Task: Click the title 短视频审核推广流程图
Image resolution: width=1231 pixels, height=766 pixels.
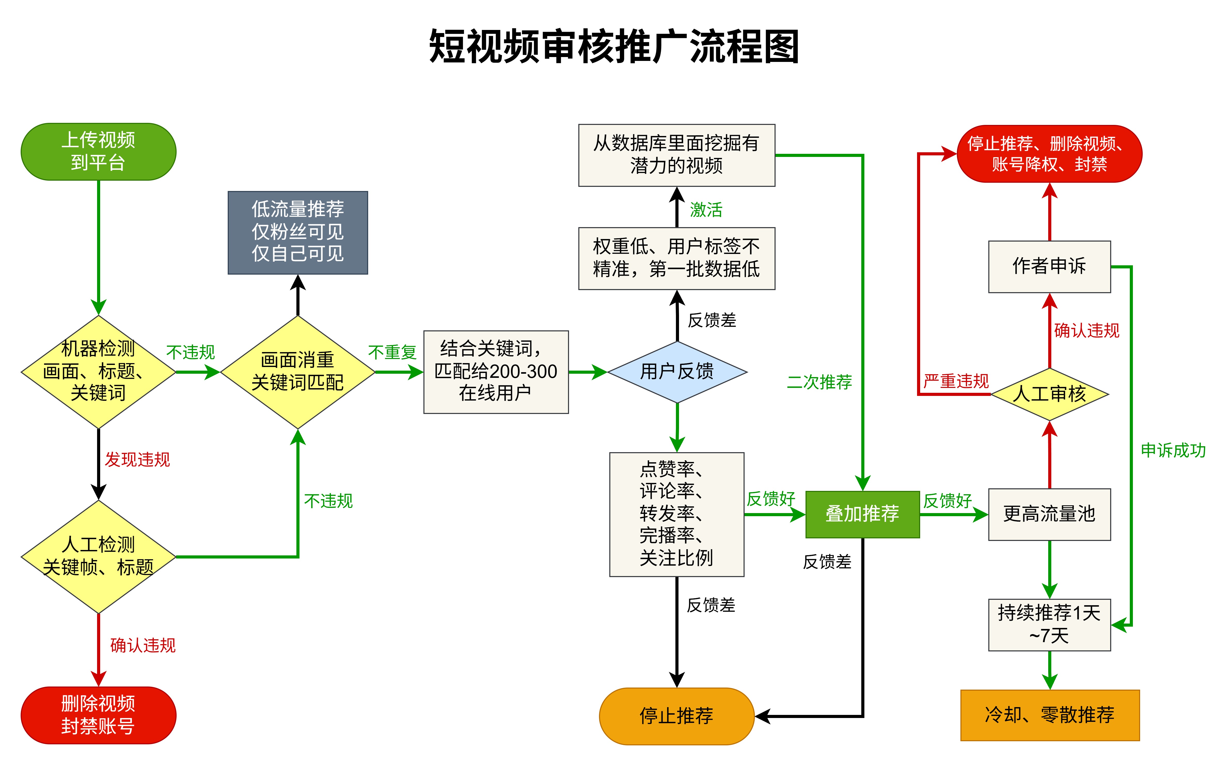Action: click(614, 47)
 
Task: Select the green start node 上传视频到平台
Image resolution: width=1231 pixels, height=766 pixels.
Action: click(98, 151)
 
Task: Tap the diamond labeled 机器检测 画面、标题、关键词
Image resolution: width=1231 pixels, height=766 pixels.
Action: click(98, 371)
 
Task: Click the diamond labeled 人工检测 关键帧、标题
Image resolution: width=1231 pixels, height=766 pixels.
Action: click(98, 556)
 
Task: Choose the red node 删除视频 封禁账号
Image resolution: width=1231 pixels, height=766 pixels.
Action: click(98, 715)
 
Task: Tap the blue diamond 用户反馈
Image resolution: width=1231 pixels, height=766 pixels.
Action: click(677, 371)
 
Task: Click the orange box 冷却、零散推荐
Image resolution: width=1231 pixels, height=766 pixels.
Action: click(1049, 715)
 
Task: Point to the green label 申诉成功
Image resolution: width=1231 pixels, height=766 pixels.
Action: click(1173, 450)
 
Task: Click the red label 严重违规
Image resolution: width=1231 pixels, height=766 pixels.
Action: click(956, 381)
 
